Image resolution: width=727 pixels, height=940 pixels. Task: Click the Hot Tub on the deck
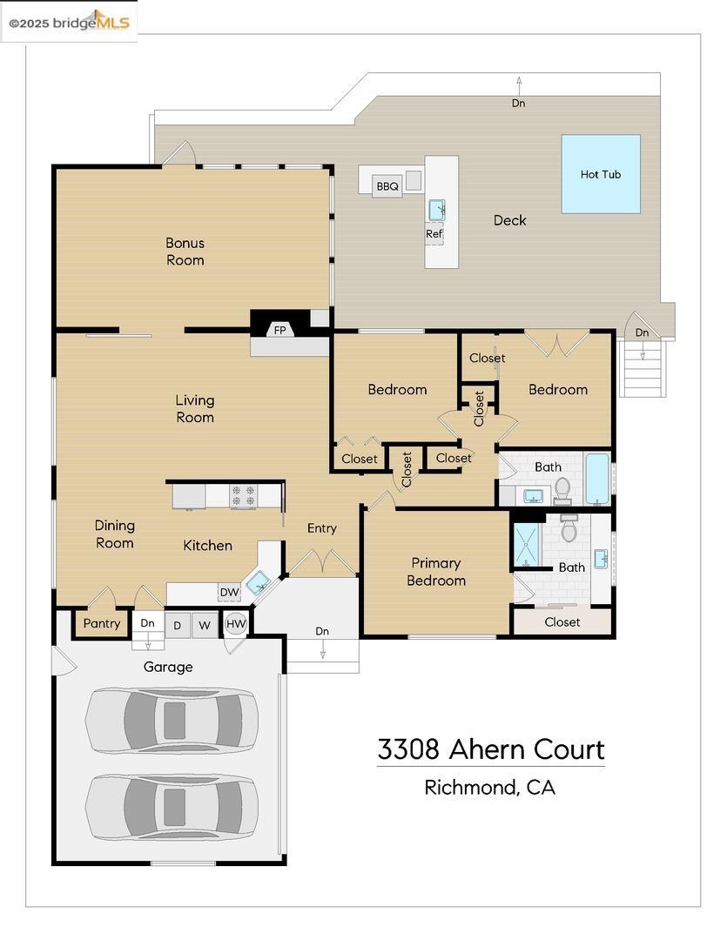coord(601,174)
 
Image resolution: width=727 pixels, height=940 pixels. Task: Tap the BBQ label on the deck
coord(387,186)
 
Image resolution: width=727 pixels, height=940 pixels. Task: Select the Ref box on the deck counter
coord(434,233)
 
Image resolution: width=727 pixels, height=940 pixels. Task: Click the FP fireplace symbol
coord(279,330)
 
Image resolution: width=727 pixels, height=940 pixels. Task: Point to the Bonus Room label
coord(185,252)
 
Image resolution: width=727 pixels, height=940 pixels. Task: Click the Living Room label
coord(195,408)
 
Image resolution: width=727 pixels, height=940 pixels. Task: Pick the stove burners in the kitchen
coord(243,496)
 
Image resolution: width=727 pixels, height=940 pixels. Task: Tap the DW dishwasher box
coord(229,593)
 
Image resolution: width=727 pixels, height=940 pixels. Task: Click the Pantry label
coord(102,624)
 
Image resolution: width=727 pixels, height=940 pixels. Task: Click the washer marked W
coord(205,625)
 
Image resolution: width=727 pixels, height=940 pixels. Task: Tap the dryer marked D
coord(178,625)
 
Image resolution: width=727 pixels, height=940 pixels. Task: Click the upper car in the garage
coord(172,720)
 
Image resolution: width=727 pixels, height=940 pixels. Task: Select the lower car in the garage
coord(172,807)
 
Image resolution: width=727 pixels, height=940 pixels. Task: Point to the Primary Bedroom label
coord(436,572)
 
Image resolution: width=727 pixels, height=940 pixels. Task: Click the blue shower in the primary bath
coord(526,544)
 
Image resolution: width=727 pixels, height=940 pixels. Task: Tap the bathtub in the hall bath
coord(597,479)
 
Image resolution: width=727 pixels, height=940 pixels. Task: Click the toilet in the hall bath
coord(562,489)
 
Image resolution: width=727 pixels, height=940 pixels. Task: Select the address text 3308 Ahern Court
coord(490,749)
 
